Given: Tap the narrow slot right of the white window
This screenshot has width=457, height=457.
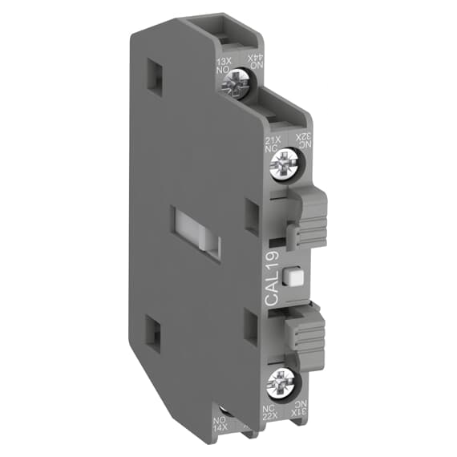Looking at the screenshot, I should pyautogui.click(x=253, y=216).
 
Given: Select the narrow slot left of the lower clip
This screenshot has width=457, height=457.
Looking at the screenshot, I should pyautogui.click(x=252, y=326).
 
